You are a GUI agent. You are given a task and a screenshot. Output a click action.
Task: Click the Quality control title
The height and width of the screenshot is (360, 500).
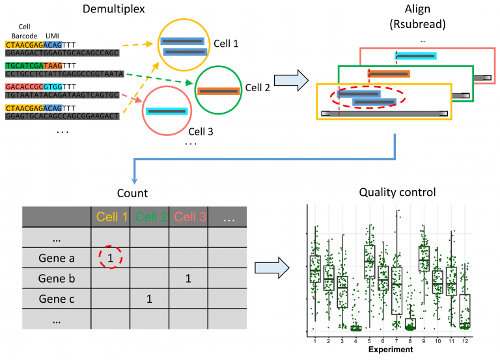coord(398,193)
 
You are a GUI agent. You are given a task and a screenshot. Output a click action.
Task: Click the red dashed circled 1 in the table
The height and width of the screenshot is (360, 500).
coord(111,258)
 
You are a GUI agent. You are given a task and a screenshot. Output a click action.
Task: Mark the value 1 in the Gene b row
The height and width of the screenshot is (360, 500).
coord(188,279)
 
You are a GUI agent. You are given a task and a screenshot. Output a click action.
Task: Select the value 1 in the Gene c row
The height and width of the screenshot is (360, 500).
coord(149,299)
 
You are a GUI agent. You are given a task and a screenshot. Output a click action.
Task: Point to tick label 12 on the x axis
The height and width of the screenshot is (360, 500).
coord(465,341)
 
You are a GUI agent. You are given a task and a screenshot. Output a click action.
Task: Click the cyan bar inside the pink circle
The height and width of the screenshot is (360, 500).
coord(167,112)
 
